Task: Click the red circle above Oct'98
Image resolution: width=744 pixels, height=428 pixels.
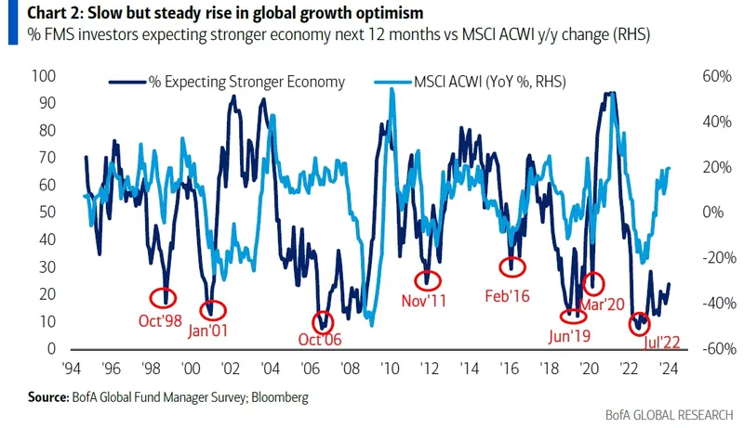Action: pos(165,296)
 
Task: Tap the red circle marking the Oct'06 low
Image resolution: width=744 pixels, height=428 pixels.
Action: pos(322,321)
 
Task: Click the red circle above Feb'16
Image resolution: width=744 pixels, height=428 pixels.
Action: pos(512,266)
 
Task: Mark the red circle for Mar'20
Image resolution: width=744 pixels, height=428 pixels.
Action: pos(592,281)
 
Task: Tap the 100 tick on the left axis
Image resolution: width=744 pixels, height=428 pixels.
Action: pos(44,75)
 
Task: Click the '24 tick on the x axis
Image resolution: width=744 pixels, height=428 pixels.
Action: pos(667,367)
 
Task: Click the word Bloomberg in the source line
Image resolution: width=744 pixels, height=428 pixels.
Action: pos(276,397)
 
